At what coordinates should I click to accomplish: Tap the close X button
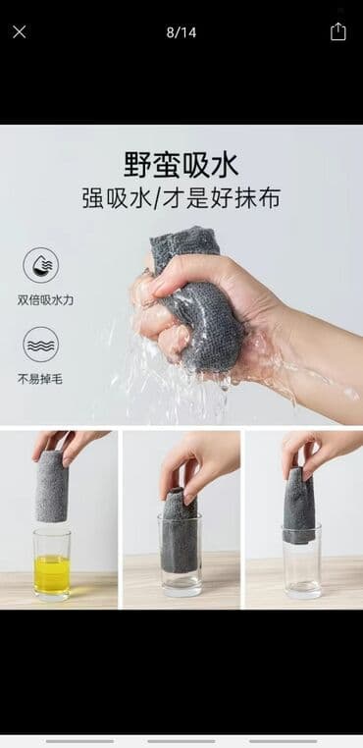click(x=19, y=32)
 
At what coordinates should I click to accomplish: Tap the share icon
click(x=337, y=31)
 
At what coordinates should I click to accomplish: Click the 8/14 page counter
click(x=181, y=32)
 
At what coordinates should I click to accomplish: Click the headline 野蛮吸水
click(x=181, y=166)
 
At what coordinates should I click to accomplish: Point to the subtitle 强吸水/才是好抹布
click(x=181, y=198)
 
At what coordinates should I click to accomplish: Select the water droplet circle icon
click(x=41, y=265)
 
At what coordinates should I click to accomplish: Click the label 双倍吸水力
click(x=45, y=300)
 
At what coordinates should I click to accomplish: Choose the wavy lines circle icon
click(x=41, y=345)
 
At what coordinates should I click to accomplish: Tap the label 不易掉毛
click(x=40, y=380)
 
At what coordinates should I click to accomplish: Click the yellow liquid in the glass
click(x=52, y=574)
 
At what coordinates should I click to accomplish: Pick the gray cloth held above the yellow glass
click(x=52, y=486)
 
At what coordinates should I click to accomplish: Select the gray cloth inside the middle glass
click(x=180, y=532)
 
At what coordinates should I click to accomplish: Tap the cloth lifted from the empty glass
click(x=299, y=507)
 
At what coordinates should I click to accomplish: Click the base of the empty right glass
click(x=301, y=590)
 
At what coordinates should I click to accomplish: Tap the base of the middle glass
click(x=180, y=587)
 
